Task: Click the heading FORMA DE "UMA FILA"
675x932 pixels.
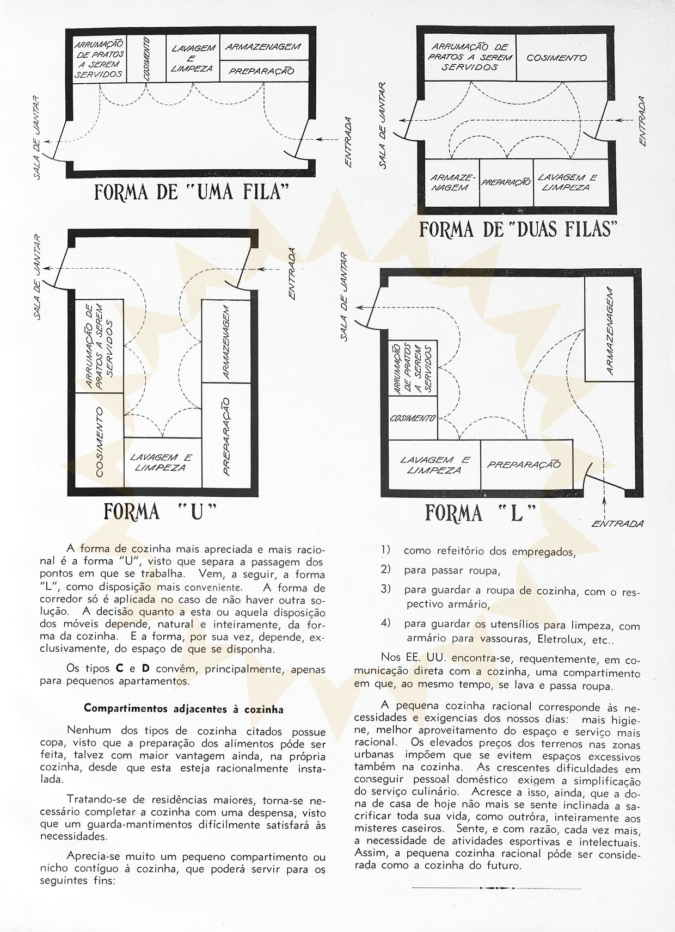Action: click(x=191, y=192)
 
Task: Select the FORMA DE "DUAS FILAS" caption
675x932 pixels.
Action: click(x=518, y=229)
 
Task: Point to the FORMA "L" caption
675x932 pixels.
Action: click(x=480, y=513)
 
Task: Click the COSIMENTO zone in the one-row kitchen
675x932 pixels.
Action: click(x=147, y=59)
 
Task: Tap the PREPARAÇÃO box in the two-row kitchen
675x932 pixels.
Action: click(x=506, y=183)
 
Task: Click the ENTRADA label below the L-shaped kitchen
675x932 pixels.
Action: click(x=617, y=524)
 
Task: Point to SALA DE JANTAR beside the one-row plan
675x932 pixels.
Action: click(x=37, y=137)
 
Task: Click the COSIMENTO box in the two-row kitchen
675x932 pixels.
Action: click(x=557, y=58)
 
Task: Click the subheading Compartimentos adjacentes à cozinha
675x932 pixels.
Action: click(x=183, y=709)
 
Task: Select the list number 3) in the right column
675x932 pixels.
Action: click(x=386, y=588)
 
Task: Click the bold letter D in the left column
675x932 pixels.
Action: click(x=145, y=669)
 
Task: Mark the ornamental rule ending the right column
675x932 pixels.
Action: click(x=496, y=888)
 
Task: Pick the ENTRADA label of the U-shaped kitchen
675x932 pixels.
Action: click(x=292, y=274)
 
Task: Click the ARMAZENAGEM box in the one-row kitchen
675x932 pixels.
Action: click(x=263, y=47)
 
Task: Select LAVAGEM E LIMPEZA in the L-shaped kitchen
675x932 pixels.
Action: click(x=434, y=465)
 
